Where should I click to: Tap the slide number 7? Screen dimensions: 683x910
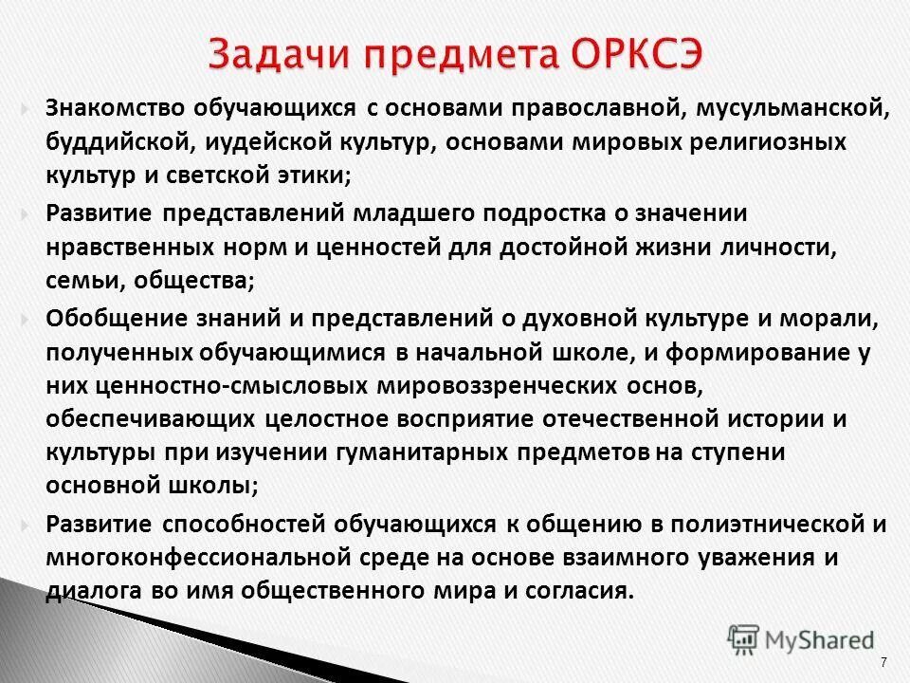point(883,661)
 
